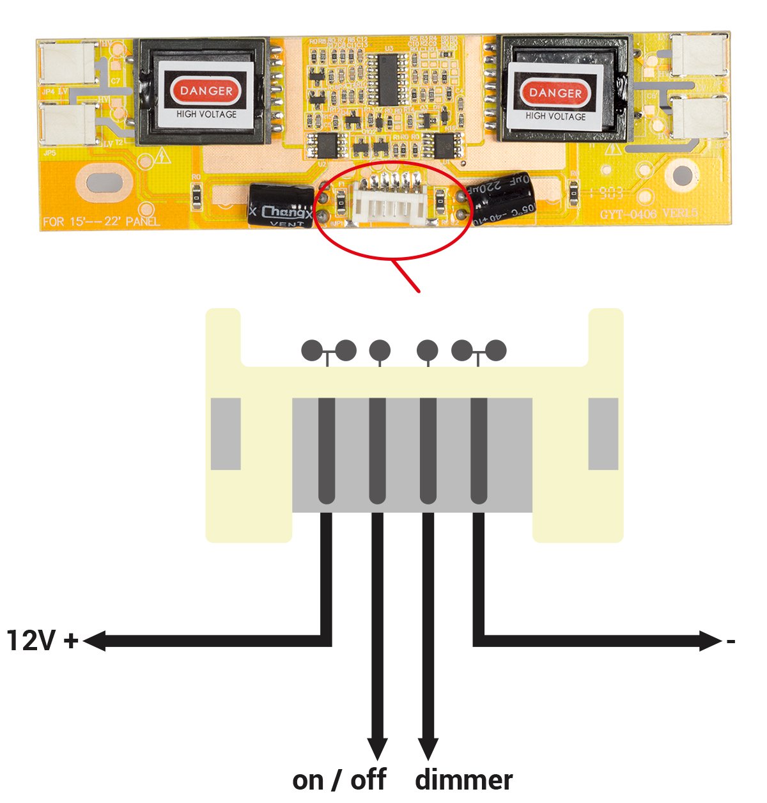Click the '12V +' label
pos(42,640)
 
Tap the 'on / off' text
pos(339,780)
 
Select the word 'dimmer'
pos(463,780)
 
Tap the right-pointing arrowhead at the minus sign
pos(711,641)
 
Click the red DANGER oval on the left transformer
pos(206,91)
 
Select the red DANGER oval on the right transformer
pos(555,93)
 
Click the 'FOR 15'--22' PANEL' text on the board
pos(101,222)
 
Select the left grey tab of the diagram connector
pos(226,434)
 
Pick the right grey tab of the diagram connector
pos(603,434)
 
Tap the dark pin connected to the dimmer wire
pos(428,451)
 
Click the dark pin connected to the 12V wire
pos(327,451)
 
